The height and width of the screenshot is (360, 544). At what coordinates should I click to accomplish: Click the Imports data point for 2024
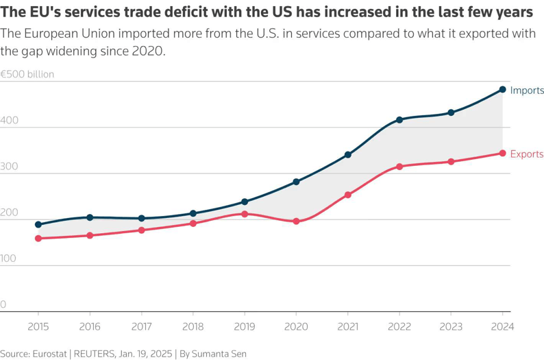point(502,90)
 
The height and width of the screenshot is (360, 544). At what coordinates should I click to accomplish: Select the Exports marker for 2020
point(296,221)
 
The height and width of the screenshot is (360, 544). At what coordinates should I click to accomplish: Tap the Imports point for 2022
point(399,120)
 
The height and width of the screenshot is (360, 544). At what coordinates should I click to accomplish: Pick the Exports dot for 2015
point(38,239)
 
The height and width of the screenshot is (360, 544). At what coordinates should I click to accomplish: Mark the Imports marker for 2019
point(245,202)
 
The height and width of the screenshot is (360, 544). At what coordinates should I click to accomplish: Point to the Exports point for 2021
point(348,195)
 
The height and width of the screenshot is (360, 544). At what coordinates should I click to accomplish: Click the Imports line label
point(527,91)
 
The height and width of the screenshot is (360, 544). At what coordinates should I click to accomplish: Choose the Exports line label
point(527,154)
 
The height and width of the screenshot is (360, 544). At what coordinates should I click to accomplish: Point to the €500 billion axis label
point(27,74)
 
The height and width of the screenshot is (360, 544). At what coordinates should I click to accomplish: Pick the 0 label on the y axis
point(3,304)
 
